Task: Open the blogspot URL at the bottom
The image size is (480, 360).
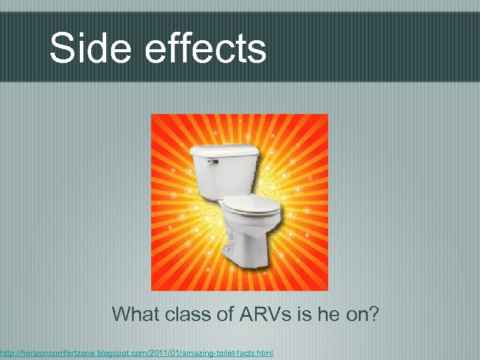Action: pos(136,355)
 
